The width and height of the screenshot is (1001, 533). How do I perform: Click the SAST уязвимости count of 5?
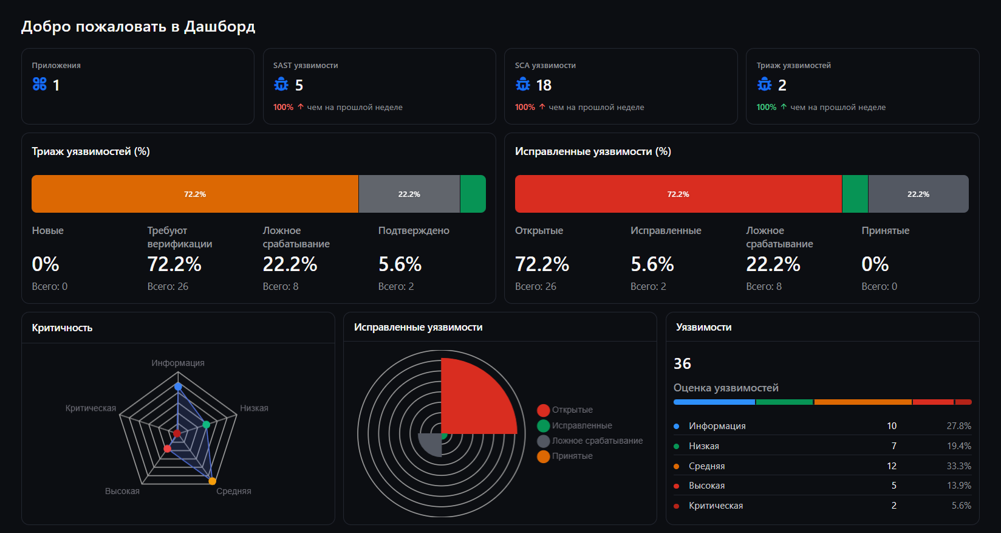(x=299, y=85)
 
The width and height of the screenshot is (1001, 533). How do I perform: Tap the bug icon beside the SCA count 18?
(x=522, y=84)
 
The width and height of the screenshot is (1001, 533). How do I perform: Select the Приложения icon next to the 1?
(x=39, y=84)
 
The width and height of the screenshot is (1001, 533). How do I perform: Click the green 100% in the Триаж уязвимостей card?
(x=766, y=108)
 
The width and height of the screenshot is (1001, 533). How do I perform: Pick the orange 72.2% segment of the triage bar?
(x=195, y=194)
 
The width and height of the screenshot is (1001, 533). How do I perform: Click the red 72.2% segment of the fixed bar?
(x=678, y=194)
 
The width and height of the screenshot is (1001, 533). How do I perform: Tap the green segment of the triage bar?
(x=473, y=194)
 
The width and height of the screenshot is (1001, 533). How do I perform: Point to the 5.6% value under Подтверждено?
(x=400, y=264)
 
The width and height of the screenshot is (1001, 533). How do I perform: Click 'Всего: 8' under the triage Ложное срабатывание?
(x=280, y=286)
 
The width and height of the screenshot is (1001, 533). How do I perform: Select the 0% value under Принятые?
(x=875, y=264)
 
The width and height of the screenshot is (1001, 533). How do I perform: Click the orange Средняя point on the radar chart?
(x=212, y=481)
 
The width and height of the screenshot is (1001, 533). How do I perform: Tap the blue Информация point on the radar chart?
(x=178, y=387)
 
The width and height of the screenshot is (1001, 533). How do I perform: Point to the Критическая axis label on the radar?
(x=91, y=408)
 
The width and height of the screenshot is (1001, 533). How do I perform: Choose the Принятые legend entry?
(x=565, y=456)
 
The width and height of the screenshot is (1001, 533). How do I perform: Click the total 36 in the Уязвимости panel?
(x=682, y=363)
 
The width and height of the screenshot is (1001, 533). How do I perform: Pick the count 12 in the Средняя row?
(x=892, y=466)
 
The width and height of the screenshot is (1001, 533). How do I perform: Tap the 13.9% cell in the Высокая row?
(x=959, y=486)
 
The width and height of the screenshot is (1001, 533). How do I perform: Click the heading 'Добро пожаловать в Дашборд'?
(x=138, y=27)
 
